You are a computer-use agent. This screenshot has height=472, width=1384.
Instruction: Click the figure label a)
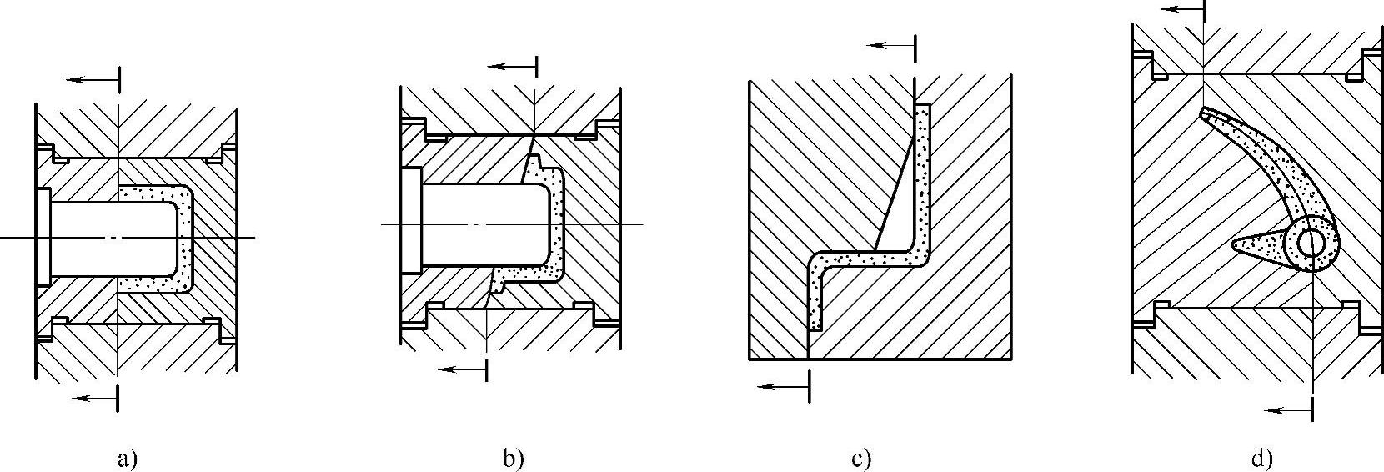tap(127, 458)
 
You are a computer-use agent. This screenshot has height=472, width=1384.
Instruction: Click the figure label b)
tap(513, 458)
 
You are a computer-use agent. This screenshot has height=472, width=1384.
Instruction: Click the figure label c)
tap(861, 458)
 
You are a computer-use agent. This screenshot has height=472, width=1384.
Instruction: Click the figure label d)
tap(1261, 458)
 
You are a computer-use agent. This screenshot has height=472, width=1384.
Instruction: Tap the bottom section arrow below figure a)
tap(94, 398)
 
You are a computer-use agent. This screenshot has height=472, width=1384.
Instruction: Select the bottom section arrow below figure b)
tap(461, 369)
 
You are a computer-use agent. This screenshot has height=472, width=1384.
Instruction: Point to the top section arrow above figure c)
tap(890, 46)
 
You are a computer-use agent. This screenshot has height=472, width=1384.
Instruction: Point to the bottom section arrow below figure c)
tap(783, 386)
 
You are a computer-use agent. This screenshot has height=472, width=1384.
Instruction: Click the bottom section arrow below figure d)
tap(1287, 409)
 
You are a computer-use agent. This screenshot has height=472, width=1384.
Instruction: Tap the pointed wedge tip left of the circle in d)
tap(1237, 245)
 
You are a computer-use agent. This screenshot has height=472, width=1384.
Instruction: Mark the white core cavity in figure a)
tap(108, 238)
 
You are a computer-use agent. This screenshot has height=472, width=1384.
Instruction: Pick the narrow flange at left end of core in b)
tap(410, 220)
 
